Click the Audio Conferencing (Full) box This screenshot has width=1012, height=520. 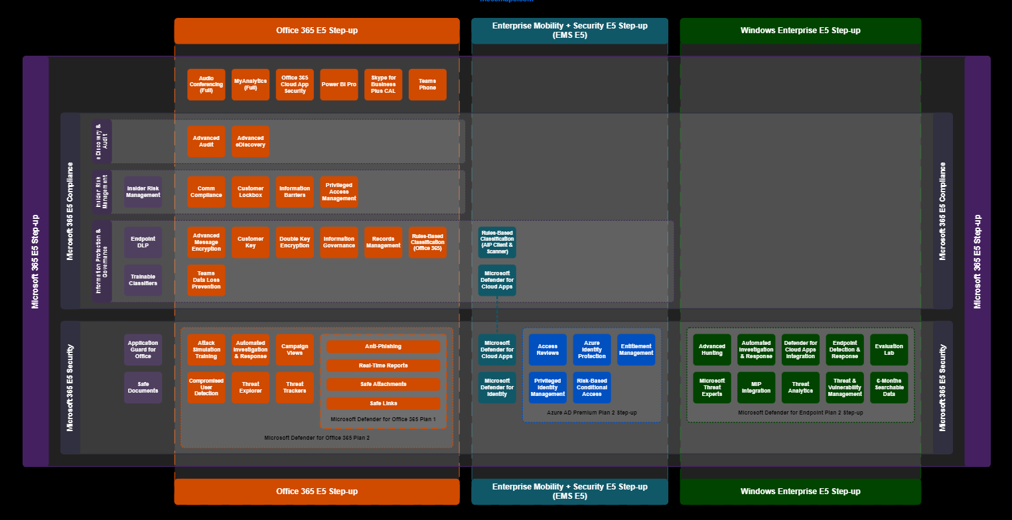pyautogui.click(x=206, y=84)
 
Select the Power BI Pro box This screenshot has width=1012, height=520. pyautogui.click(x=339, y=84)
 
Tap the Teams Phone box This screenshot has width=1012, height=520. pyautogui.click(x=427, y=84)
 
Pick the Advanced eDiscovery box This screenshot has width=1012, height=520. pyautogui.click(x=251, y=141)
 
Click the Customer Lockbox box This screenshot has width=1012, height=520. pyautogui.click(x=251, y=192)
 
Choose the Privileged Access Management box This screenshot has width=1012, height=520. pyautogui.click(x=339, y=192)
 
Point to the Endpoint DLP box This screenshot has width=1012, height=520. pyautogui.click(x=143, y=242)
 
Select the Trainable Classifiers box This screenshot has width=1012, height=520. pyautogui.click(x=143, y=280)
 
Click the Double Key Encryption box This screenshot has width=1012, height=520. pyautogui.click(x=295, y=242)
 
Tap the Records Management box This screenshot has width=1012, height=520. pyautogui.click(x=384, y=242)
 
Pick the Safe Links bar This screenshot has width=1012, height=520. pyautogui.click(x=383, y=403)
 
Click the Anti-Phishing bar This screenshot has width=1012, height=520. pyautogui.click(x=383, y=346)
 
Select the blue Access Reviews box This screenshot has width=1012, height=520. pyautogui.click(x=547, y=350)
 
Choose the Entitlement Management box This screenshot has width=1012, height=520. pyautogui.click(x=636, y=350)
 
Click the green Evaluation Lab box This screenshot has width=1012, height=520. pyautogui.click(x=889, y=350)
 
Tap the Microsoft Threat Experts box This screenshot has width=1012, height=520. pyautogui.click(x=712, y=387)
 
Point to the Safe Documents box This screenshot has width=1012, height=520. pyautogui.click(x=143, y=387)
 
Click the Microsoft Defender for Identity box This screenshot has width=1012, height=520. pyautogui.click(x=497, y=387)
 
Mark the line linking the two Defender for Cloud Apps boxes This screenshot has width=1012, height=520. pyautogui.click(x=497, y=315)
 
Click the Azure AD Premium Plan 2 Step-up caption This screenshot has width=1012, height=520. pyautogui.click(x=592, y=413)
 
